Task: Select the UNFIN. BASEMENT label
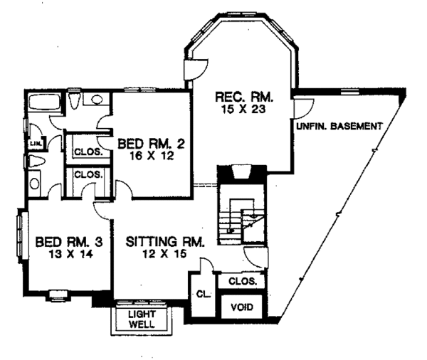[338, 126]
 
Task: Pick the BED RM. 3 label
[65, 243]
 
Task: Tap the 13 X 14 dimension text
[65, 254]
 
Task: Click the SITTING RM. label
[165, 243]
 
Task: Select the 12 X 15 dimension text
[165, 254]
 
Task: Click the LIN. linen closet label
[35, 144]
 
